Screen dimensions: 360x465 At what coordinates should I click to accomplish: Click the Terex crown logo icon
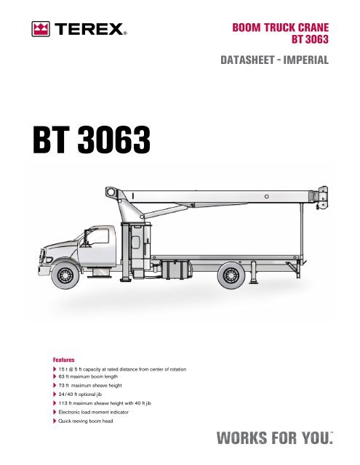(41, 29)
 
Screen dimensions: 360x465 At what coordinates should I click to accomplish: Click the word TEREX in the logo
(89, 29)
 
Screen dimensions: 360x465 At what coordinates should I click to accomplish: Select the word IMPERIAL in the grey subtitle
(306, 60)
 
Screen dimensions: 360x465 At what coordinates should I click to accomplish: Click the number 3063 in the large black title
(114, 139)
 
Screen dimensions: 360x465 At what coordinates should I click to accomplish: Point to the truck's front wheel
(65, 275)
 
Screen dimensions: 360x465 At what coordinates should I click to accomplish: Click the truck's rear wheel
(231, 275)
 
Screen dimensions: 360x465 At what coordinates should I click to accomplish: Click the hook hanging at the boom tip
(321, 205)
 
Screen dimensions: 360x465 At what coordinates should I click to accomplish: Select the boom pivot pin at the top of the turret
(111, 192)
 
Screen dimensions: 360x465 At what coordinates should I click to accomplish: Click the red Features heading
(64, 360)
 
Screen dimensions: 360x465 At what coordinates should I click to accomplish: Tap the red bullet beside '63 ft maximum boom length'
(55, 376)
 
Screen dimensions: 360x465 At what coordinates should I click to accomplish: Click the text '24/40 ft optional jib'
(80, 395)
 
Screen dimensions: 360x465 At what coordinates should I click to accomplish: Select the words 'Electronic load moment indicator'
(94, 412)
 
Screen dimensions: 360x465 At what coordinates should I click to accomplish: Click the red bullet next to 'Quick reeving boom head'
(55, 421)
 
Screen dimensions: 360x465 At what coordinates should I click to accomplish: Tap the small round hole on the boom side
(266, 197)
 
